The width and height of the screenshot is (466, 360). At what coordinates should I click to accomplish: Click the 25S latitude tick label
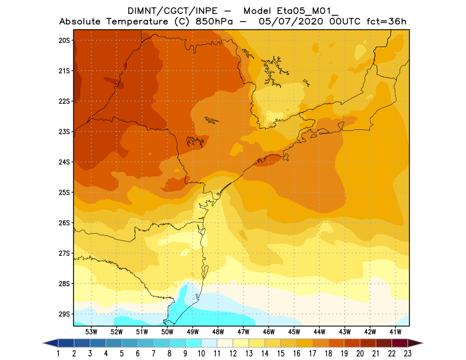(64, 192)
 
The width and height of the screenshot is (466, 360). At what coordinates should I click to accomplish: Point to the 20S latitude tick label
(64, 40)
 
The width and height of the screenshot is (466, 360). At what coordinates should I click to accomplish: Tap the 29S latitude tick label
(64, 314)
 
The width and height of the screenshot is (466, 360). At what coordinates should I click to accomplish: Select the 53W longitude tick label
(91, 331)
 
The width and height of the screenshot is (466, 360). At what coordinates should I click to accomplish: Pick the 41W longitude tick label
(396, 331)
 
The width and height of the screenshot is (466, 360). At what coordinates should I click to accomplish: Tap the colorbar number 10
(201, 353)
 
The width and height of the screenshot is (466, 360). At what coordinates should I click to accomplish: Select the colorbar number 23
(407, 353)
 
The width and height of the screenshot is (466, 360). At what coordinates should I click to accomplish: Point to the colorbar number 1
(58, 353)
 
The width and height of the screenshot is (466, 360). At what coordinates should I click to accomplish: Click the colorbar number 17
(312, 353)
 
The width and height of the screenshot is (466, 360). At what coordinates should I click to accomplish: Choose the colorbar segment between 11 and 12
(225, 343)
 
